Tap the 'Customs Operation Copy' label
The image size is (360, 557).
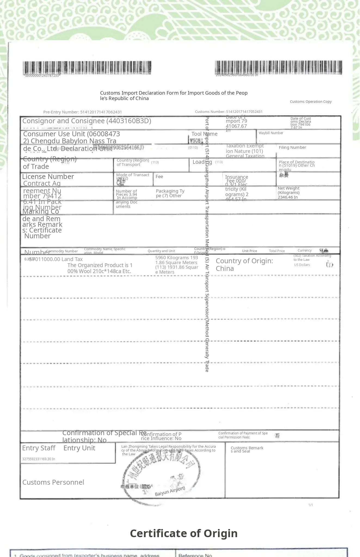[x=310, y=102]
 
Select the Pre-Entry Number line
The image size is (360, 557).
[x=82, y=112]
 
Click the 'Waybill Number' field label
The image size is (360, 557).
[x=271, y=133]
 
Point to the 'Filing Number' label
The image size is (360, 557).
[x=292, y=147]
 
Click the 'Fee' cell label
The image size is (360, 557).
[x=159, y=177]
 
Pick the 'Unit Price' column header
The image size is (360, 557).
[x=249, y=251]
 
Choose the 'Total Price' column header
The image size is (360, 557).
[x=277, y=251]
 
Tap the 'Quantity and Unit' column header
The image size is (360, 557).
[x=161, y=251]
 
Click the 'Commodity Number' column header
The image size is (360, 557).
[x=62, y=251]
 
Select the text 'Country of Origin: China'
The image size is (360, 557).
[x=244, y=265]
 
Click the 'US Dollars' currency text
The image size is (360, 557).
[x=302, y=265]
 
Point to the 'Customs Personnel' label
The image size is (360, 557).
[x=53, y=482]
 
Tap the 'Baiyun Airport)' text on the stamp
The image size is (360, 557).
[x=170, y=491]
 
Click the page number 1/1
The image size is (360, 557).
[x=310, y=505]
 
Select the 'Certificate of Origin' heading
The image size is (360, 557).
[x=184, y=533]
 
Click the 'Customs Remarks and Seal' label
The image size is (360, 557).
[x=247, y=450]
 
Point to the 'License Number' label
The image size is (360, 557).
[x=48, y=177]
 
